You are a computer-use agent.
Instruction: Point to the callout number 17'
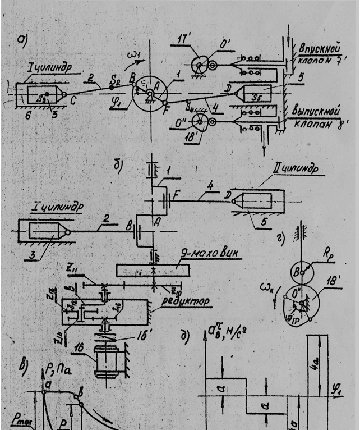pyautogui.click(x=183, y=40)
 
